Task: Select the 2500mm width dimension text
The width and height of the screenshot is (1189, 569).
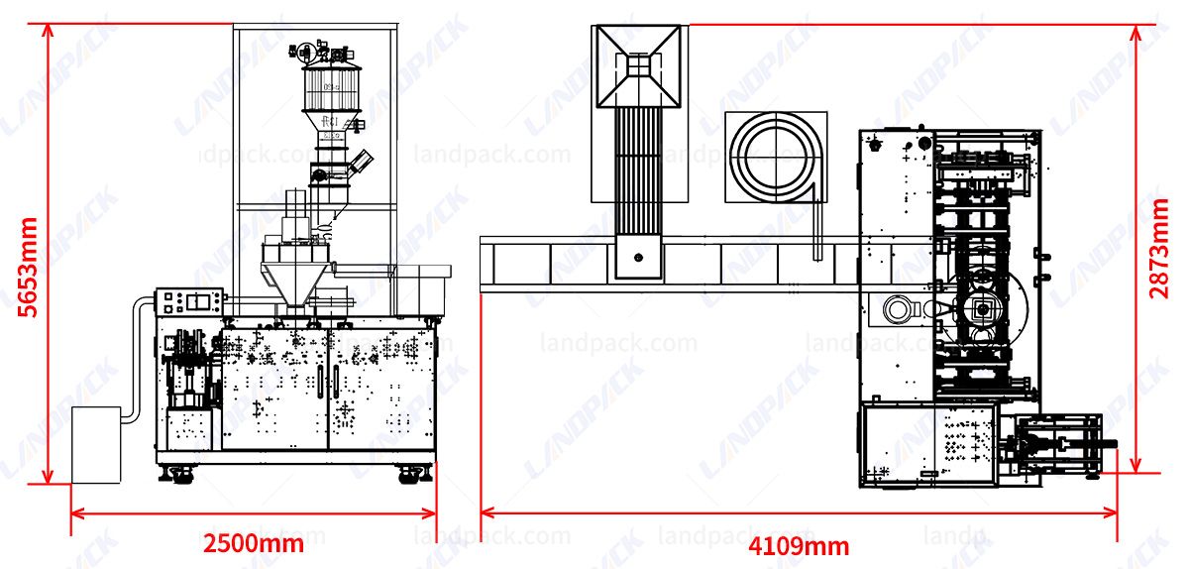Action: point(254,543)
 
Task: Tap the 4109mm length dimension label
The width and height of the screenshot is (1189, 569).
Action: point(799,545)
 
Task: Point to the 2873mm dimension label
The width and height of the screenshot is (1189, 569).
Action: point(1159,248)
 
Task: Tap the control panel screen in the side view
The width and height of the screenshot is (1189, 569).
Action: point(202,300)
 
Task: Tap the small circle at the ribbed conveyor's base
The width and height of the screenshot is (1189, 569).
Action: point(638,258)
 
